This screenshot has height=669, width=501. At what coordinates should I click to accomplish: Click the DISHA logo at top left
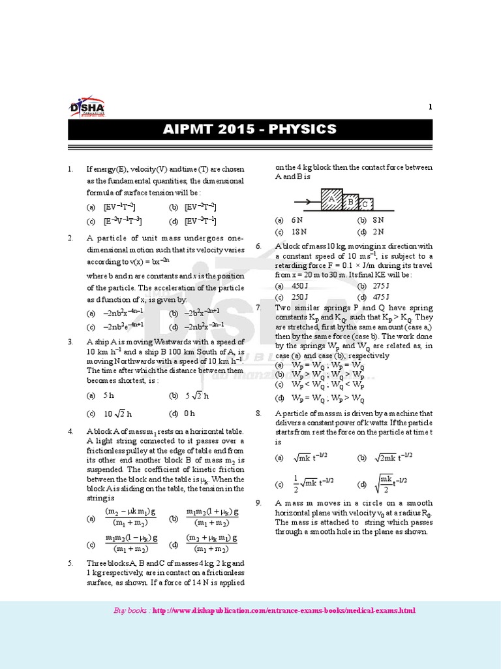pos(87,109)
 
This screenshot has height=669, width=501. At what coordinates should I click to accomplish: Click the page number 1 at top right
pos(430,107)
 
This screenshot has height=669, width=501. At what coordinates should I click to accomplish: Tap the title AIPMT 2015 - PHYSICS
pos(250,129)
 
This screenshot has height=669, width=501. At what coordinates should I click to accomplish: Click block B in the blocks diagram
pos(350,202)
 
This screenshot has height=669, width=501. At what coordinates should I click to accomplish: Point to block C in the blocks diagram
pos(366,204)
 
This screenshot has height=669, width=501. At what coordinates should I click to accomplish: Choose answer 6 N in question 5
pos(297,221)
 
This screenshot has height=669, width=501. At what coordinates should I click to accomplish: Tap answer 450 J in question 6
pos(299,286)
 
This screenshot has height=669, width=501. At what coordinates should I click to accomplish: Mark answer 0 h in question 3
pos(190,414)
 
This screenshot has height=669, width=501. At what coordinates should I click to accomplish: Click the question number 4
pos(70,432)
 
